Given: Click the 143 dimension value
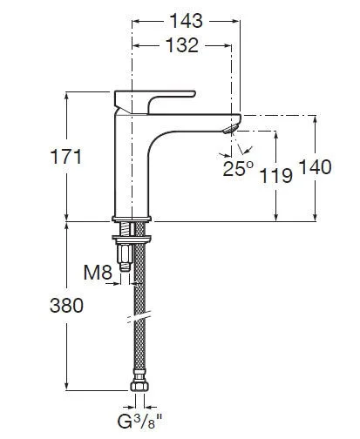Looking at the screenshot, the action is coord(186,21).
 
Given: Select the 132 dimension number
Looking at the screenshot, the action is coord(182,45).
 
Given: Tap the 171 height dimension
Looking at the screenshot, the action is coord(66,157).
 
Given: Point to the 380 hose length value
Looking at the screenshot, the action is coord(66,306).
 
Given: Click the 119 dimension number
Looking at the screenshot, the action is coord(275,175).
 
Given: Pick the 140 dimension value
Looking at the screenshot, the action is coord(315,167).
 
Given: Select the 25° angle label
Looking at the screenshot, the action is coord(238,168).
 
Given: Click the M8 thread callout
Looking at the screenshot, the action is coord(98,273).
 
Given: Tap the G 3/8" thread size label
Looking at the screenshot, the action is coord(139,422).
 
